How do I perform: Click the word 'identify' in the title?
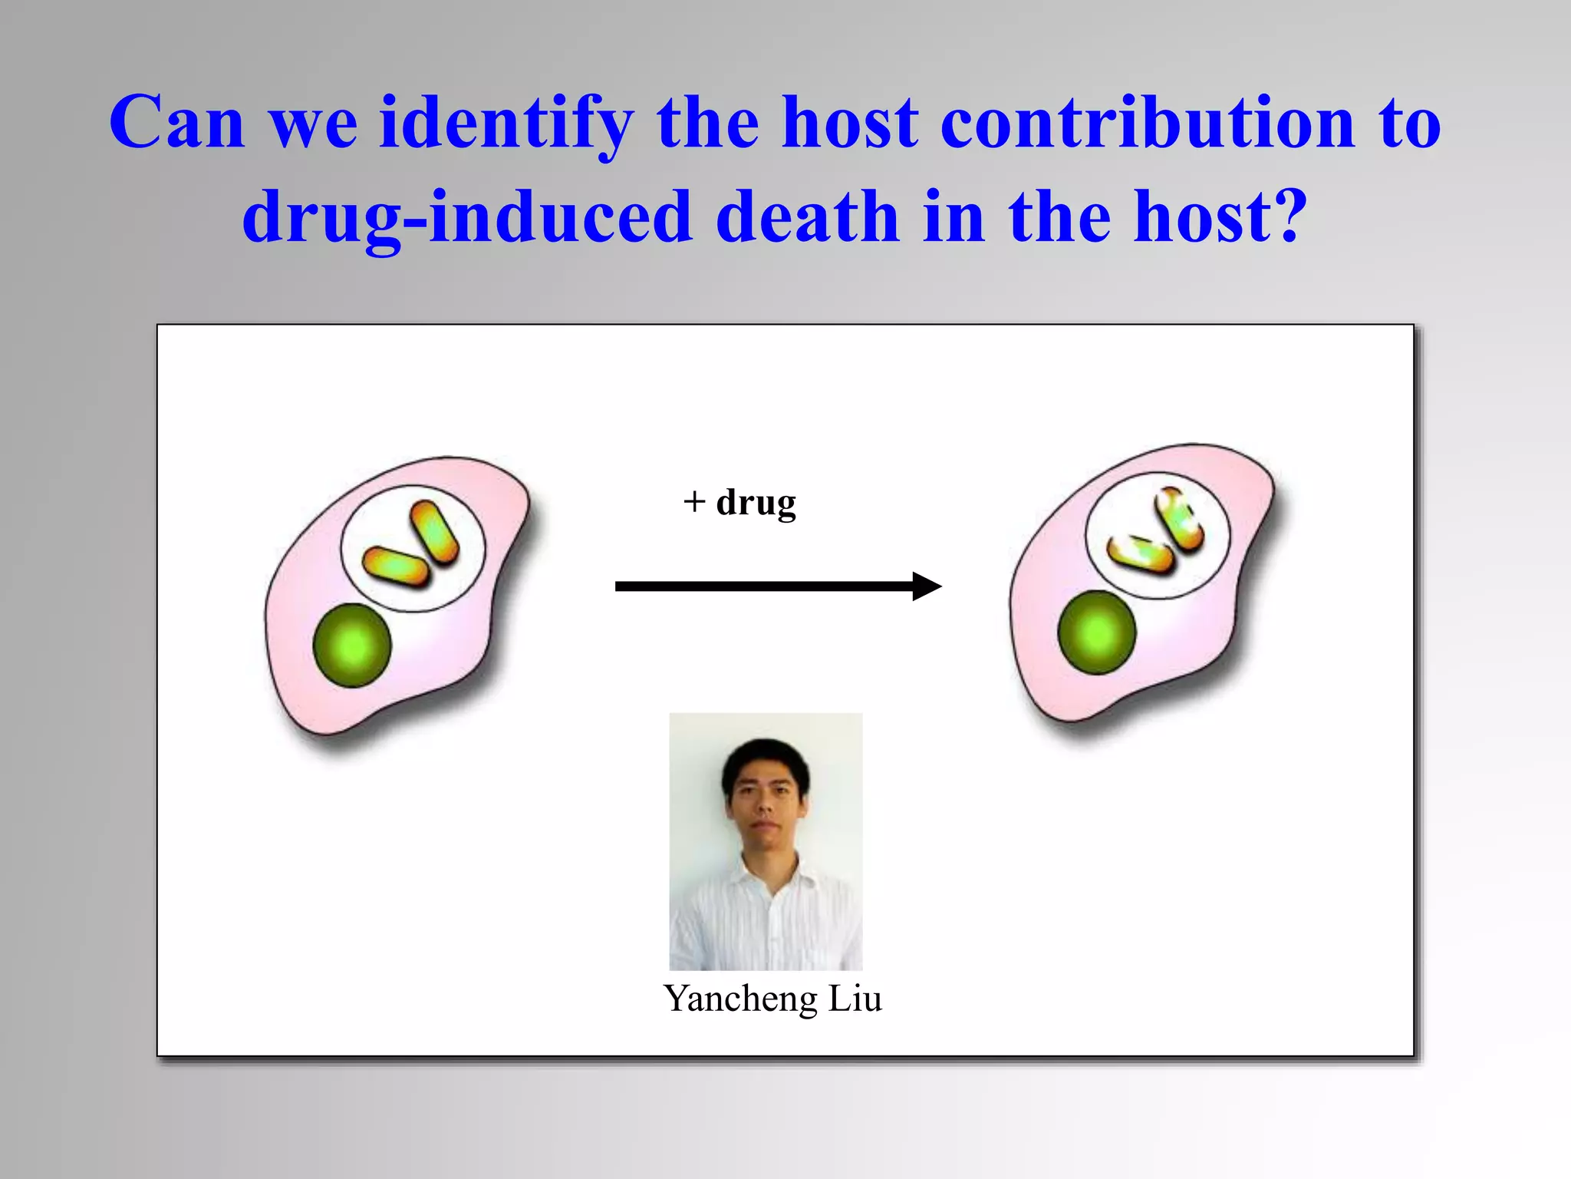point(506,124)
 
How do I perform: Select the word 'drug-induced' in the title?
point(466,218)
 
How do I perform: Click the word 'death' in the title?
point(806,218)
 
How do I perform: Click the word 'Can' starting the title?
point(176,124)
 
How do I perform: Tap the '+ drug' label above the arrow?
point(739,503)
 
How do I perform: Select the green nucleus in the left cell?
point(352,645)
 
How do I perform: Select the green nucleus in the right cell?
point(1096,632)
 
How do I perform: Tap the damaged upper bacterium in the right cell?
point(1179,520)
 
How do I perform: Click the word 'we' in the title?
point(313,124)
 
